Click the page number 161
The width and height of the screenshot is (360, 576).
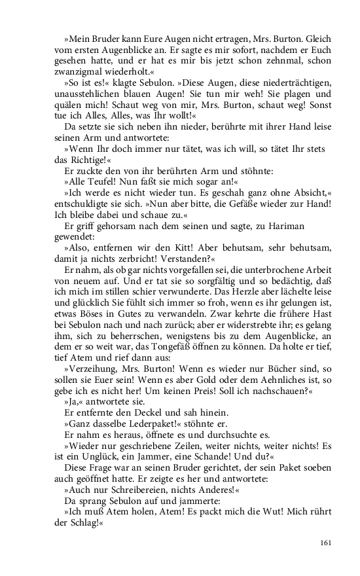[x=327, y=542]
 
